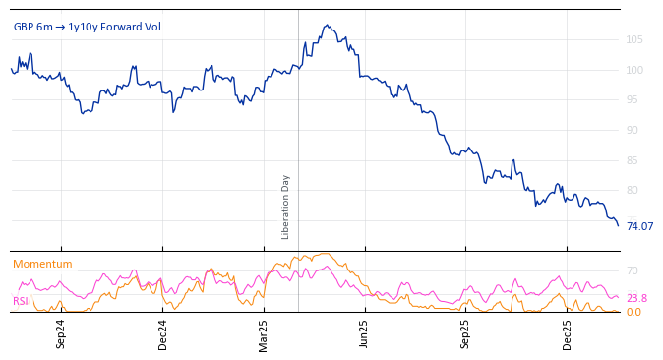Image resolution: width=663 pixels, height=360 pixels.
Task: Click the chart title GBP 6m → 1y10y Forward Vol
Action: click(x=87, y=27)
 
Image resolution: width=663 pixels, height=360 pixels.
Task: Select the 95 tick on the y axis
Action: click(x=634, y=99)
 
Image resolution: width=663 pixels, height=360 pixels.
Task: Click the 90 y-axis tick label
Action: click(x=634, y=130)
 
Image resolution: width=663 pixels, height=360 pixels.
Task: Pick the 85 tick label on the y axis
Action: click(x=634, y=160)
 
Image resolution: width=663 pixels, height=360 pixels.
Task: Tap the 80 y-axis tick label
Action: click(x=634, y=190)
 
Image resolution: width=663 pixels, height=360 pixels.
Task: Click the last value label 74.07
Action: click(x=639, y=226)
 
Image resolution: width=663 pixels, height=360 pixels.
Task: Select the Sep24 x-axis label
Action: click(x=61, y=333)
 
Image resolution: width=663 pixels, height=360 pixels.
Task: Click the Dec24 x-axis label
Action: click(x=163, y=333)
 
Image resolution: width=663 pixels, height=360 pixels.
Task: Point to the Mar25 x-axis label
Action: click(x=264, y=333)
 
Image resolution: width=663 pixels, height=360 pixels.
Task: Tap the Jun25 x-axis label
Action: click(x=365, y=333)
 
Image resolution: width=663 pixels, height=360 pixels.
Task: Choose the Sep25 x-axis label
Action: click(x=466, y=333)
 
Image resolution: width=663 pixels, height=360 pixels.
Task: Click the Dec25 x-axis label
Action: click(x=568, y=333)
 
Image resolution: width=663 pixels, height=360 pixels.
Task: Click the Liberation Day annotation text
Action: click(x=286, y=207)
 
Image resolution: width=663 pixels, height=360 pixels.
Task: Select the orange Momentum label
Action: click(x=42, y=264)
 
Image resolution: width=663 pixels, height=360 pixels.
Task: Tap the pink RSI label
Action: click(x=20, y=301)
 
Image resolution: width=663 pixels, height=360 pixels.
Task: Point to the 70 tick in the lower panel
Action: click(x=633, y=270)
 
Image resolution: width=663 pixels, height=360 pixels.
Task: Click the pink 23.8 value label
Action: click(x=636, y=298)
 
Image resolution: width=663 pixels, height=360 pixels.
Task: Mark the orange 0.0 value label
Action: click(x=633, y=312)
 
